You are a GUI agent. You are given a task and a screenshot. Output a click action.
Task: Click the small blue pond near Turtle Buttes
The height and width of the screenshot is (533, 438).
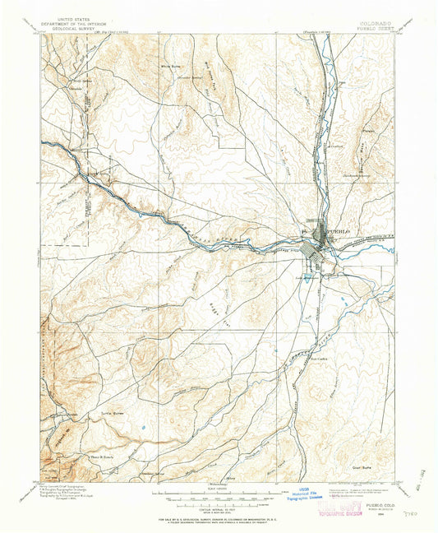pyautogui.click(x=144, y=428)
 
